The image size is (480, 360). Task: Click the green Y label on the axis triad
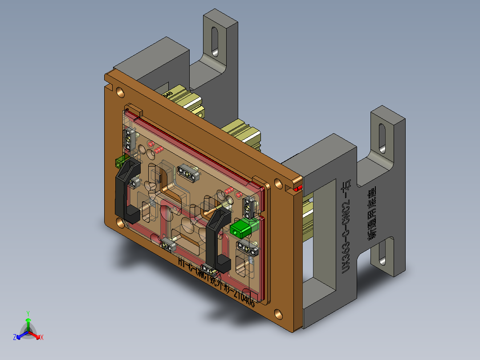pyautogui.click(x=28, y=313)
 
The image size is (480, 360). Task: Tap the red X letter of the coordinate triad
pyautogui.click(x=42, y=337)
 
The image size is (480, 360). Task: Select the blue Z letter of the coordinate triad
pyautogui.click(x=15, y=337)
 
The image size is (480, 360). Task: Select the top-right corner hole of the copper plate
pyautogui.click(x=278, y=183)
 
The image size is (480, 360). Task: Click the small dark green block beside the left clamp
pyautogui.click(x=119, y=161)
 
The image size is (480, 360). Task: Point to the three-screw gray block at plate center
pyautogui.click(x=187, y=173)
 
